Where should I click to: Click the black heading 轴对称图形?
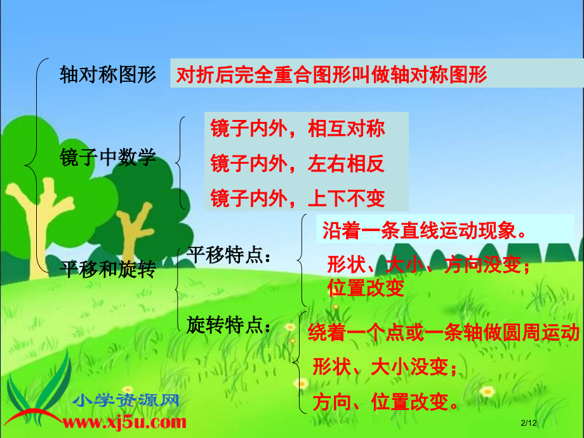point(107,75)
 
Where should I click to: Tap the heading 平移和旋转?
point(107,269)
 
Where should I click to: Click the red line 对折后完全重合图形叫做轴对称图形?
point(331,75)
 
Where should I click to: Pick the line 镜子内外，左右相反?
point(298,164)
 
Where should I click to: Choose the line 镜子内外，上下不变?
point(298,199)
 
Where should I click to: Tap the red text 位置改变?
point(366,289)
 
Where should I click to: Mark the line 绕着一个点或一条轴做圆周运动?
point(444,333)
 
